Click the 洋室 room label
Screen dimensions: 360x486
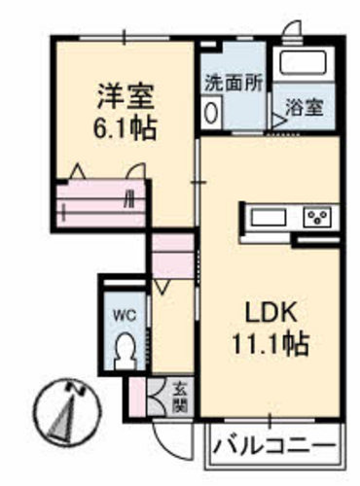click(126, 96)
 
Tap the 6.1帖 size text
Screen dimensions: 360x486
click(126, 128)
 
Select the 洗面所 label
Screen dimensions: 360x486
click(234, 84)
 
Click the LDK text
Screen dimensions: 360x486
click(271, 312)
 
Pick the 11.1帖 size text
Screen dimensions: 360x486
click(270, 344)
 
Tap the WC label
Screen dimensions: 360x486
click(125, 315)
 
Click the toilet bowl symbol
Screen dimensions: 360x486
click(126, 351)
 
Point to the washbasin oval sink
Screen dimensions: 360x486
click(211, 113)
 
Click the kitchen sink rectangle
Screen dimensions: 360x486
click(269, 217)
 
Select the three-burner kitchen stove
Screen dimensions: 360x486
click(317, 217)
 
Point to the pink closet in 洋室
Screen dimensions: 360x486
click(101, 204)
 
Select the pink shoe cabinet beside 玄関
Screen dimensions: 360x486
click(137, 397)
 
